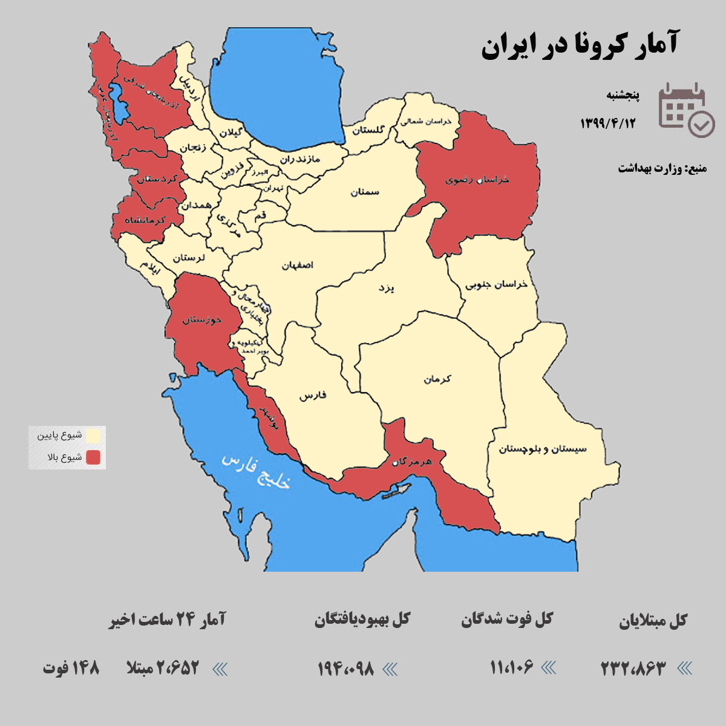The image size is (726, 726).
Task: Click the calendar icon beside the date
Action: [685, 110]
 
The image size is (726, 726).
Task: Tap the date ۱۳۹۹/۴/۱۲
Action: [608, 123]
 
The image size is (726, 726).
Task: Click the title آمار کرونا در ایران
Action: [579, 46]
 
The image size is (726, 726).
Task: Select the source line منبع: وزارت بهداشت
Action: [662, 168]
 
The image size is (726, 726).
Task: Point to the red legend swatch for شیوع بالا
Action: [93, 457]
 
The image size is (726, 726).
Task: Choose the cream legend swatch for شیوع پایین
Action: [93, 436]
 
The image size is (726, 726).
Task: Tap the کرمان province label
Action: [437, 379]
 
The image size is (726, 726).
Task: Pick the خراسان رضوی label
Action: [477, 180]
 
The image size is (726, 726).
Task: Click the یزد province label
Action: [386, 288]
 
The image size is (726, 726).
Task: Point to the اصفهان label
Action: [297, 266]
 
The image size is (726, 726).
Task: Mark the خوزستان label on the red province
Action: [202, 319]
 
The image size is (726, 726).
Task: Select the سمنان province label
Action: [364, 192]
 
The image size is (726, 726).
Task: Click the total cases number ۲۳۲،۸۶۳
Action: [633, 669]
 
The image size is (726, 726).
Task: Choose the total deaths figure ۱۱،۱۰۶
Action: [511, 668]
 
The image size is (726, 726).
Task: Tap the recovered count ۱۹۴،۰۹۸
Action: [345, 669]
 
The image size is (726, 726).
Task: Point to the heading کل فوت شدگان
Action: [507, 620]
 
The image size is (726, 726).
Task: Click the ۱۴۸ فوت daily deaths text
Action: [71, 669]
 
